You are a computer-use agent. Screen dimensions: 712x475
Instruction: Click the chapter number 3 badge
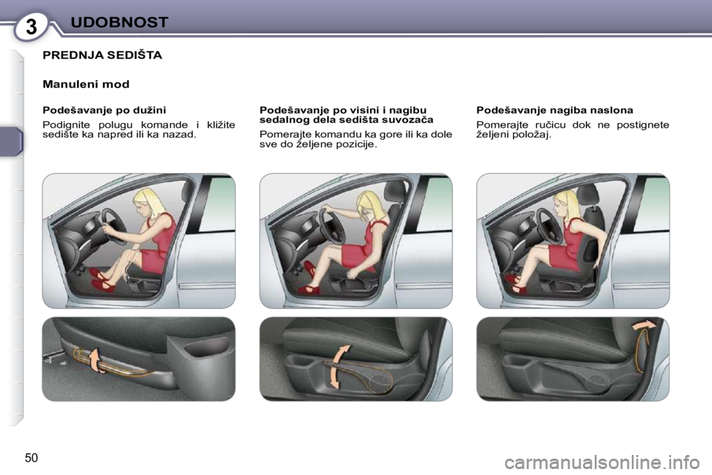point(31,27)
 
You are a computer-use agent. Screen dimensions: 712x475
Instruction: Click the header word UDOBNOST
point(119,22)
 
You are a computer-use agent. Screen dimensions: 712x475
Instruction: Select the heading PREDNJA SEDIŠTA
point(102,55)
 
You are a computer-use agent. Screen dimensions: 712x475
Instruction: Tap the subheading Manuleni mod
point(86,84)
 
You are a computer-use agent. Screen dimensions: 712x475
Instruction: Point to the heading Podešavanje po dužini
point(105,110)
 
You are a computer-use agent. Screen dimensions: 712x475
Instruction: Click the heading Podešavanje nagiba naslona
point(555,110)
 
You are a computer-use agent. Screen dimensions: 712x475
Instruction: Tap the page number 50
point(31,458)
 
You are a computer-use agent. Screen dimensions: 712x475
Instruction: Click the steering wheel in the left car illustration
point(114,226)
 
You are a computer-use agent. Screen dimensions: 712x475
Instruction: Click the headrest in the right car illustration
point(589,194)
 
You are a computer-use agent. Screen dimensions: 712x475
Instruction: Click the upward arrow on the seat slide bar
point(95,359)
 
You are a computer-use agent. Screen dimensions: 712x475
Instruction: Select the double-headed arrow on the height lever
point(338,366)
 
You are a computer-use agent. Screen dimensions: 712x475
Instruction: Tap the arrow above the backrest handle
point(645,324)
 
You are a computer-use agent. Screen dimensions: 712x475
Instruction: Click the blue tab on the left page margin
point(11,142)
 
